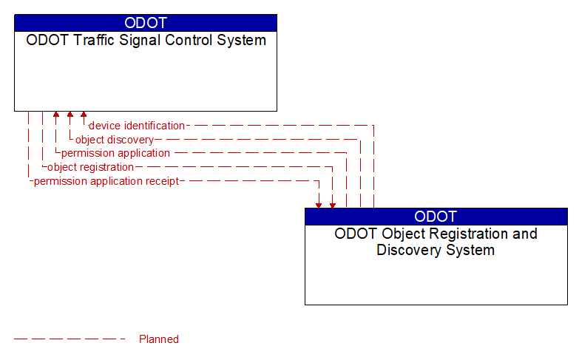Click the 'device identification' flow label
coord(137,126)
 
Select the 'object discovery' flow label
coord(115,140)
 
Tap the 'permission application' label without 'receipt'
coord(115,153)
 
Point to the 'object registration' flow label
coord(90,167)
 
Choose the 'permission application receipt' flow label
coord(106,181)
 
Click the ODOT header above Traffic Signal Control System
coord(146,23)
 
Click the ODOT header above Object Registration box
coord(436,217)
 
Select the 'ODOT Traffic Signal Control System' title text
coord(146,41)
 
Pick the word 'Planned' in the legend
coord(159,339)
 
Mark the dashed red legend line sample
coord(70,339)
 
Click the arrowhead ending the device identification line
coord(84,115)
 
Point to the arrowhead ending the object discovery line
coord(70,115)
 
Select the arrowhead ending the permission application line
coord(55,115)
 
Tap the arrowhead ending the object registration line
coord(333,204)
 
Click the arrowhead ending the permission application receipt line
coord(319,204)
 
